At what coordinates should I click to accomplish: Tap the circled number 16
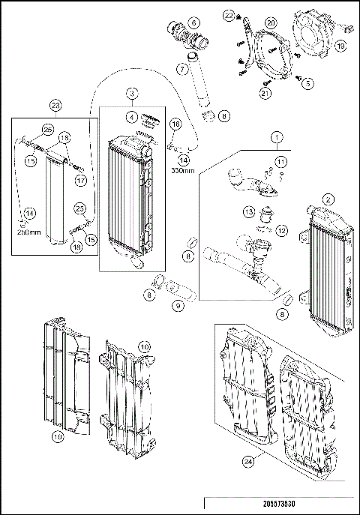[x=175, y=123]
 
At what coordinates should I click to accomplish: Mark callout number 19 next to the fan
[x=340, y=46]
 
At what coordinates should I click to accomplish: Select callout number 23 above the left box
[x=55, y=105]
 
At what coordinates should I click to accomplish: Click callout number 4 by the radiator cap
[x=131, y=116]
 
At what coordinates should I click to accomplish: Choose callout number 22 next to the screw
[x=229, y=14]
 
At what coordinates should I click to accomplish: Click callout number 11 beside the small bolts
[x=280, y=161]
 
